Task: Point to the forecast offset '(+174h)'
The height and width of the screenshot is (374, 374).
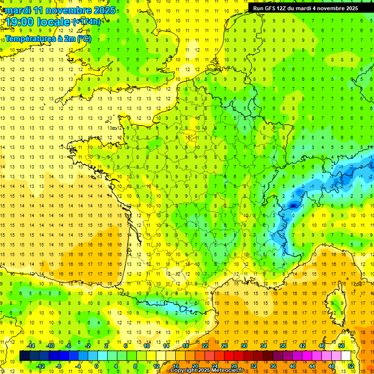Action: pos(87,21)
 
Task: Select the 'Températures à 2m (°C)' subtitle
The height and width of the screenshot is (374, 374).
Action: pos(48,38)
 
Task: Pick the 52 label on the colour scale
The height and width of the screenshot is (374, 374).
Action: pos(351,366)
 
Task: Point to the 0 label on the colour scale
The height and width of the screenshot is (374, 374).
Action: pos(97,366)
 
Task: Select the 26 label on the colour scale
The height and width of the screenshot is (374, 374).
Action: pos(224,346)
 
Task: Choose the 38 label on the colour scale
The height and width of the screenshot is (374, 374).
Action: pos(283,346)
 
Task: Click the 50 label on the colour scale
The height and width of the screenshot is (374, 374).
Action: pos(341,346)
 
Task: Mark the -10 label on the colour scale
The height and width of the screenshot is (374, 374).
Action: pos(50,346)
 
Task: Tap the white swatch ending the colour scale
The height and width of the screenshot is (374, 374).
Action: pos(346,356)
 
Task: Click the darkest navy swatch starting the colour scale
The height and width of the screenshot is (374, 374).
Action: pos(24,356)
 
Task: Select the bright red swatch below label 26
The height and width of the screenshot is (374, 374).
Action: pos(229,356)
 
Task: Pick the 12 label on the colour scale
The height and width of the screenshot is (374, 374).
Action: pos(156,366)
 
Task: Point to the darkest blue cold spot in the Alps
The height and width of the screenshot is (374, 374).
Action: pos(293,206)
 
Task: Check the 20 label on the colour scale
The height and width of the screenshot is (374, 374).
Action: pos(195,366)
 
